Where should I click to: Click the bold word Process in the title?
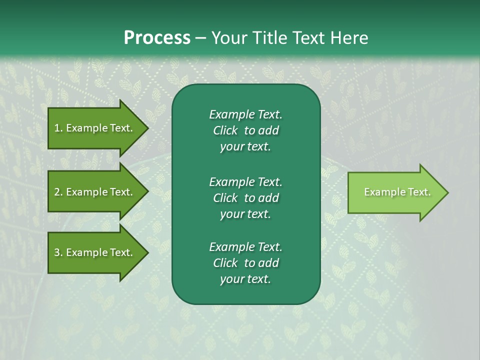[x=157, y=38]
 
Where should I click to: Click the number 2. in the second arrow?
[x=58, y=192]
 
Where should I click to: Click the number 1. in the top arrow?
[x=58, y=128]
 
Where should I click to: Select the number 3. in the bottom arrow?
[x=58, y=252]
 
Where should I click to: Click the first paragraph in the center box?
[x=245, y=130]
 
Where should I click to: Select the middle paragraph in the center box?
[x=245, y=198]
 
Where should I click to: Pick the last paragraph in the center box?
[x=245, y=263]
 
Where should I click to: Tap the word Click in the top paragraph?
[x=225, y=130]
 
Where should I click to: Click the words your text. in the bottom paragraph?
[x=245, y=279]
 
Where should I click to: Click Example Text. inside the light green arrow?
[x=397, y=192]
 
